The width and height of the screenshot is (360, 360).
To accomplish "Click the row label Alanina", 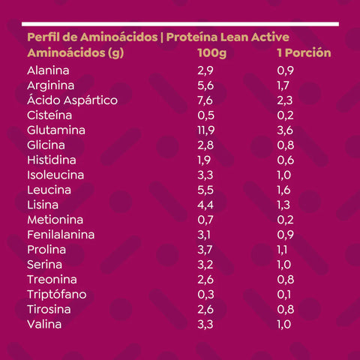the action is pos(48,70).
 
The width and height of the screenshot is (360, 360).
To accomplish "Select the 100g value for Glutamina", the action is pos(206,130).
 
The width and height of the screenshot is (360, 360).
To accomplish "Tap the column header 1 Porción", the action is pos(304,52).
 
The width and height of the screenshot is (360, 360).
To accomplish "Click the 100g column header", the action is pos(211,53).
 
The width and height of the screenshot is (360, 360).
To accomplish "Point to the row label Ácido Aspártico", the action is pos(72,100).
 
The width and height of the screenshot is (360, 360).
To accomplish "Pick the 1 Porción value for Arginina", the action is pos(283,85).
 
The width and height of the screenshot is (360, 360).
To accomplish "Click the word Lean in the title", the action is pos(235,37).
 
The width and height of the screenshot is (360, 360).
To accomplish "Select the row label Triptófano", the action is pos(57,294).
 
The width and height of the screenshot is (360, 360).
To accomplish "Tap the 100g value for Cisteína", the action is pos(206,115).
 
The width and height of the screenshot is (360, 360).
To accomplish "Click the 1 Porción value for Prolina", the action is pos(282,250).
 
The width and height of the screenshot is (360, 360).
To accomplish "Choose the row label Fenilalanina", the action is pos(61,235).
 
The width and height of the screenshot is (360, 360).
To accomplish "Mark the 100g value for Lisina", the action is pos(205,205).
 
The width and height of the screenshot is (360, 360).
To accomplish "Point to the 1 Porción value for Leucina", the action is pos(283,190).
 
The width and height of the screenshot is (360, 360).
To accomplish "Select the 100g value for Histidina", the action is pos(204,160).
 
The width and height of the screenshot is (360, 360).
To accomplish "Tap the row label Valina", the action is pos(44,325).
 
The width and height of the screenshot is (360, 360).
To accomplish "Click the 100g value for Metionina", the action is pos(205,220).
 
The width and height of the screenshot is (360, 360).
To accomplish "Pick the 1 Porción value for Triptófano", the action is pos(284,295).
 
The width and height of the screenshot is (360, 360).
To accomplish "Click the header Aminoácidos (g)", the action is pos(76,53).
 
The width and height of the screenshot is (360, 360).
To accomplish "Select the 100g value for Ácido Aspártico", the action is pos(205,100).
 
